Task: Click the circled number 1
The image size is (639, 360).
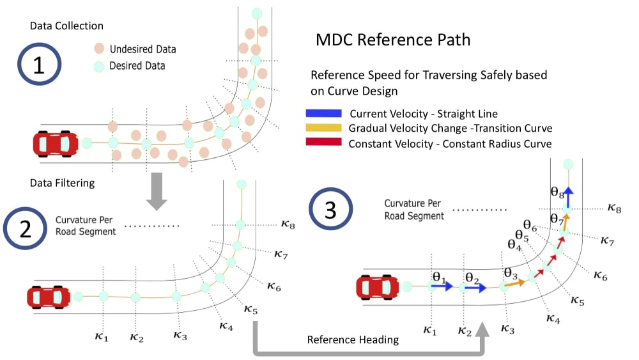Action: (x=39, y=66)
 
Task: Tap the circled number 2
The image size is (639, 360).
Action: (x=26, y=230)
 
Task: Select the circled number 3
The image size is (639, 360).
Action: (x=331, y=211)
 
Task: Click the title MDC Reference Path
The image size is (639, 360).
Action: (x=393, y=40)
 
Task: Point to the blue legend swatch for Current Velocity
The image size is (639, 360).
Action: (x=325, y=113)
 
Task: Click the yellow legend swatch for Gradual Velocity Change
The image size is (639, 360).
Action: (x=325, y=128)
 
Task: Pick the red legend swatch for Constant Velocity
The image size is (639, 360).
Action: (x=325, y=143)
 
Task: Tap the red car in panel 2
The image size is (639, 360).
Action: (x=48, y=297)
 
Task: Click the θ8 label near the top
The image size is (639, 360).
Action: (x=557, y=191)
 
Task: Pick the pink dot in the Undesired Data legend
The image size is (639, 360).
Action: (x=99, y=49)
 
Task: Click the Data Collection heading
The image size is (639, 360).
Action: (x=66, y=26)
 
